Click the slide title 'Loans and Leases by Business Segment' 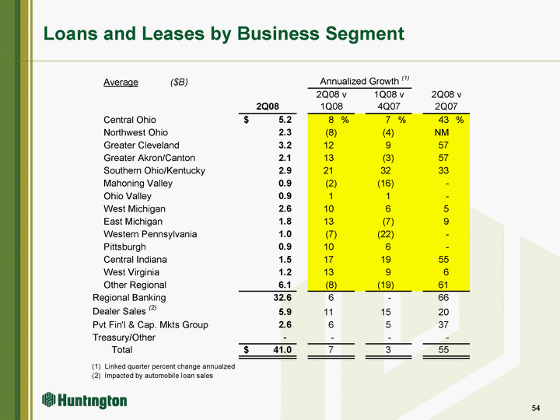[224, 33]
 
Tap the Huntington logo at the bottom [85, 401]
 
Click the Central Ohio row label [130, 120]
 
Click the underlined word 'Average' [121, 82]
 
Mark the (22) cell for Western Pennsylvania [383, 234]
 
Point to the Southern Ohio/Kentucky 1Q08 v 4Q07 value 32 [387, 170]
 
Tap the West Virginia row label [131, 272]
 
